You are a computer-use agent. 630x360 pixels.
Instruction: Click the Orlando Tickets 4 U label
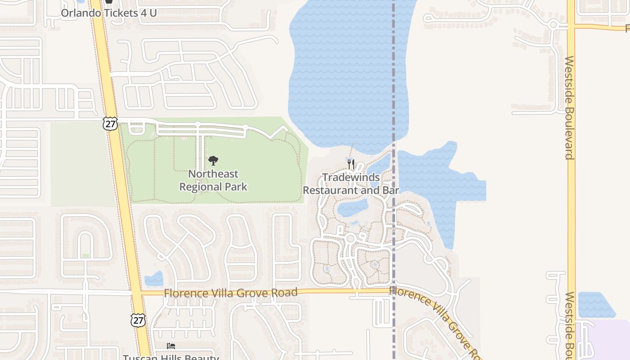click(108, 13)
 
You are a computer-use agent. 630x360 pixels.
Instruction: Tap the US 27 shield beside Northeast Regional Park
click(110, 123)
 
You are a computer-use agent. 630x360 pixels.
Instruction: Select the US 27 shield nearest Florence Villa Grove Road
click(138, 320)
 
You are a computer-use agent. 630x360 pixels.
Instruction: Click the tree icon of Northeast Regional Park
click(213, 161)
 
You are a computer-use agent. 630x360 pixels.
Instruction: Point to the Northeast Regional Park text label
click(213, 180)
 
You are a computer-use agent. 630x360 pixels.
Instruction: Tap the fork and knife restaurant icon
click(351, 164)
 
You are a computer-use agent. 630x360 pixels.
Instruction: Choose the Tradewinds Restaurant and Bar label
click(351, 184)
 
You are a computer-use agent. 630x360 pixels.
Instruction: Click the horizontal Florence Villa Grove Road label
click(230, 293)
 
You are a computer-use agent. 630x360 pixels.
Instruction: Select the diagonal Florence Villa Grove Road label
click(434, 317)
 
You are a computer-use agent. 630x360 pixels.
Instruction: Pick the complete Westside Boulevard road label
click(570, 108)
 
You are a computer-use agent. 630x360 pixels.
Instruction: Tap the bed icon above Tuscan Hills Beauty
click(171, 346)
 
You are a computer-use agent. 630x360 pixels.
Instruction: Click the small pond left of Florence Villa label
click(154, 279)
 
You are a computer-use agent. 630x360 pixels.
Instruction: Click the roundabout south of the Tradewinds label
click(351, 238)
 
